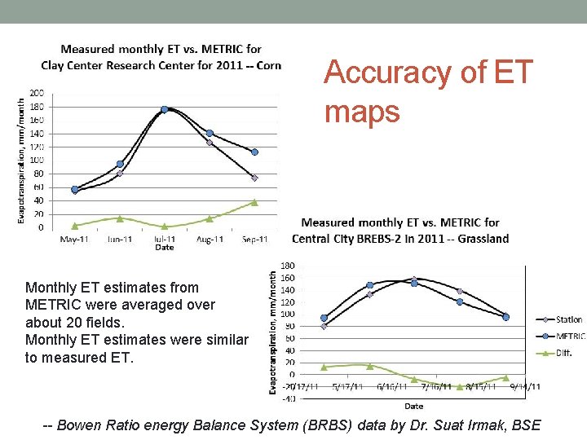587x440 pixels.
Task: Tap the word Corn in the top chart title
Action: (269, 65)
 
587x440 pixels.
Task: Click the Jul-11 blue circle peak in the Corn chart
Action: (165, 109)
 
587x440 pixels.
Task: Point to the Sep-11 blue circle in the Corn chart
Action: (254, 152)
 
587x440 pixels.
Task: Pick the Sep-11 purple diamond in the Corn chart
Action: (254, 178)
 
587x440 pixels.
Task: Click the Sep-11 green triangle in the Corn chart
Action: (254, 202)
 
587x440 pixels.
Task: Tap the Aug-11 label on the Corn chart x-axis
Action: (210, 240)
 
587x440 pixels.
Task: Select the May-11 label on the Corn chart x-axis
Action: (75, 240)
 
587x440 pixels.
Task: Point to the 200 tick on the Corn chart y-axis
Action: (38, 93)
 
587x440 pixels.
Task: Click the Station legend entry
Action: (569, 319)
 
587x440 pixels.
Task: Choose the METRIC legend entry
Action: (571, 336)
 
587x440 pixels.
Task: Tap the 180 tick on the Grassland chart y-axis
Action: (288, 266)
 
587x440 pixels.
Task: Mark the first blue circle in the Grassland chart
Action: (324, 318)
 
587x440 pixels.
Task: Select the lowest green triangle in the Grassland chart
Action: (460, 387)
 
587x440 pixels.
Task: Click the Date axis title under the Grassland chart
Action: (413, 406)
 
